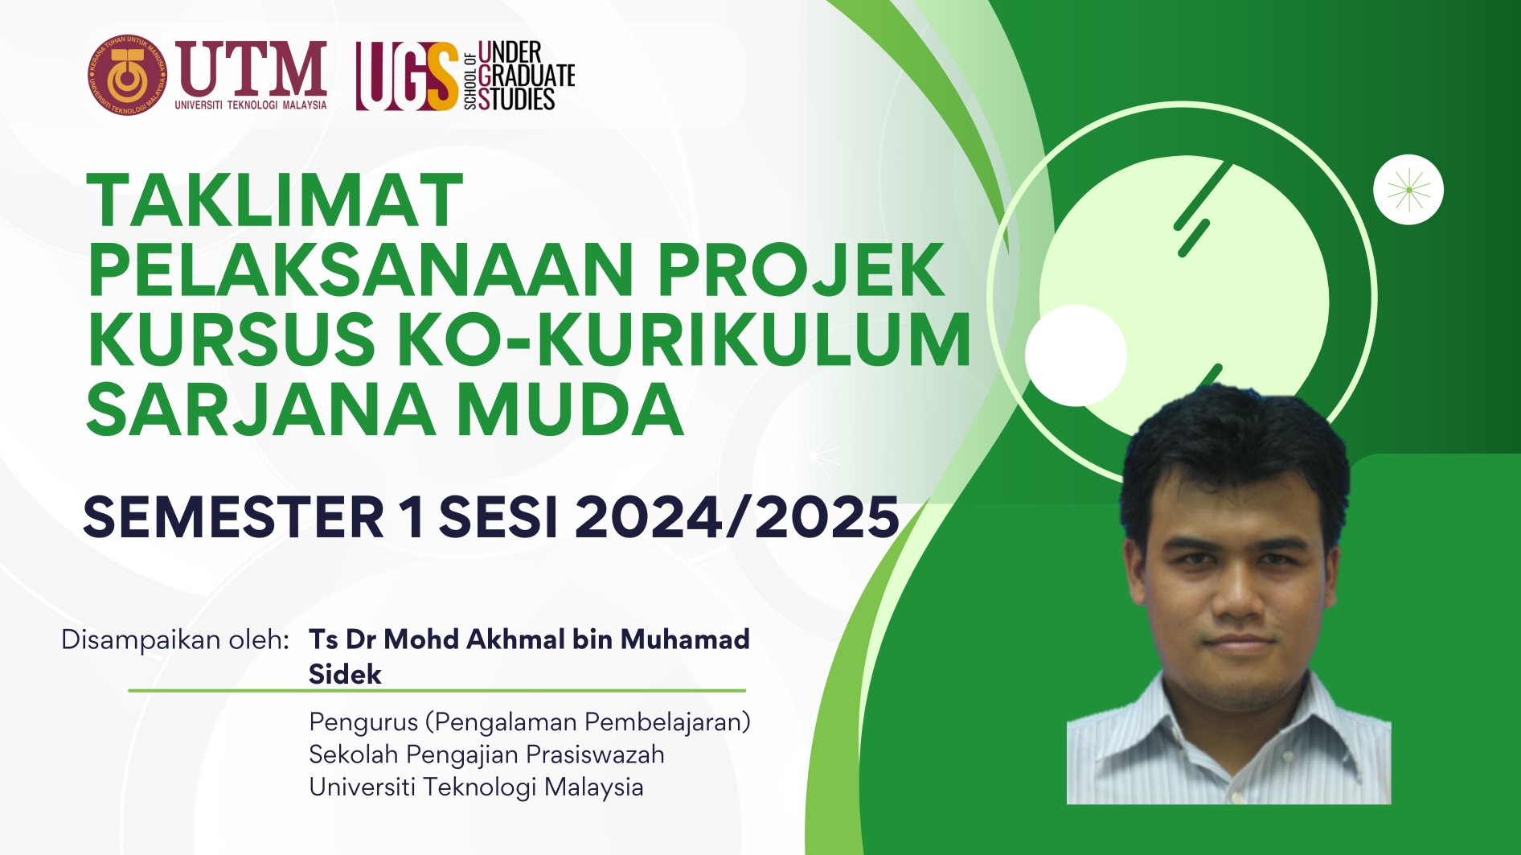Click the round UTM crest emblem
[128, 75]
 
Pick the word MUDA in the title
[570, 409]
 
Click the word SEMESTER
[234, 516]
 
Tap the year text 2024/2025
[737, 516]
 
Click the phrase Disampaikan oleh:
[175, 639]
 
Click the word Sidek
[345, 674]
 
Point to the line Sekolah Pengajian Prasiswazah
[486, 754]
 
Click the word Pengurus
[363, 722]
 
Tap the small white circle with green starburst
[1408, 190]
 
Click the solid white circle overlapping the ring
[1076, 356]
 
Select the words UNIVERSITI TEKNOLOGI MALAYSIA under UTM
[251, 105]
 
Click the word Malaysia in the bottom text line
[593, 787]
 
